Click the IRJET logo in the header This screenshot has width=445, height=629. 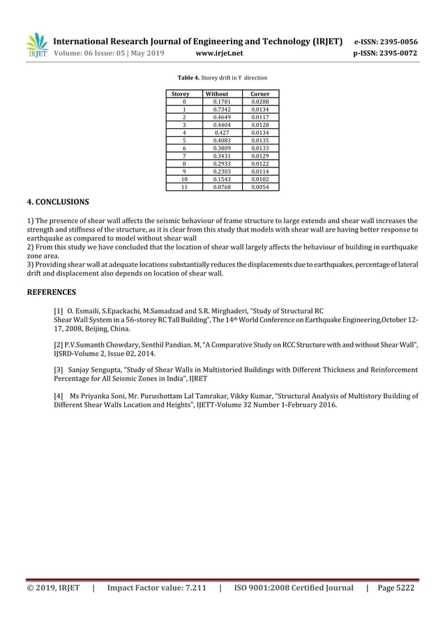(36, 45)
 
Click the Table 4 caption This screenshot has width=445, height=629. (222, 77)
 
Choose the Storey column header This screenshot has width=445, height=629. (181, 93)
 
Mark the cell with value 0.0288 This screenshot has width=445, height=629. (260, 101)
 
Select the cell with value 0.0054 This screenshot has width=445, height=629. (260, 187)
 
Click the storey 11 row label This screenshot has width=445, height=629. (183, 187)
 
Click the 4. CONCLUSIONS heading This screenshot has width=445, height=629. (57, 203)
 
